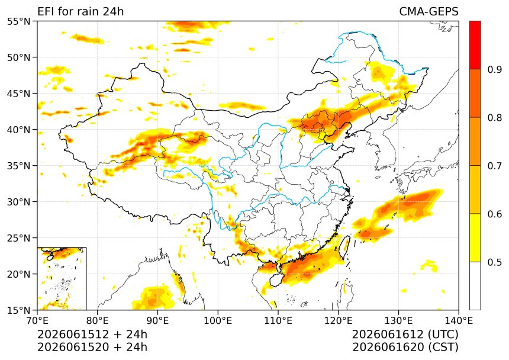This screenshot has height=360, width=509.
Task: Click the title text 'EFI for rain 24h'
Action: (80, 12)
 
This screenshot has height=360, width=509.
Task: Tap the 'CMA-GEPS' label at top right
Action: (429, 12)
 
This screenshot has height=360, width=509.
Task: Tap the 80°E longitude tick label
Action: (98, 321)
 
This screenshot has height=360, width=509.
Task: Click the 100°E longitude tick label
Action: (218, 321)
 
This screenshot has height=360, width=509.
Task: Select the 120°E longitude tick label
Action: (339, 321)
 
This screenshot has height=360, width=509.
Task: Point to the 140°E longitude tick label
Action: (459, 321)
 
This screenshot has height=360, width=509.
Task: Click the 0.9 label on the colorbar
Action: (495, 69)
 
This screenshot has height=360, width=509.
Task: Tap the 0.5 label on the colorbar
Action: (495, 262)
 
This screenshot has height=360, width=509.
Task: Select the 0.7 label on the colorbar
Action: (495, 166)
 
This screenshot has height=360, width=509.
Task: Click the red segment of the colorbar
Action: (475, 45)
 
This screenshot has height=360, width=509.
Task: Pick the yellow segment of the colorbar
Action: (475, 237)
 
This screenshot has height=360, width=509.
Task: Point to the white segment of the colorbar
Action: (475, 285)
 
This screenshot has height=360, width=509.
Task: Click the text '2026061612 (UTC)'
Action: (405, 335)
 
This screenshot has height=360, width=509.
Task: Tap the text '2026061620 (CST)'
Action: (405, 347)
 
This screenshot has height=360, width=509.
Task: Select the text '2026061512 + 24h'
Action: (92, 335)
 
